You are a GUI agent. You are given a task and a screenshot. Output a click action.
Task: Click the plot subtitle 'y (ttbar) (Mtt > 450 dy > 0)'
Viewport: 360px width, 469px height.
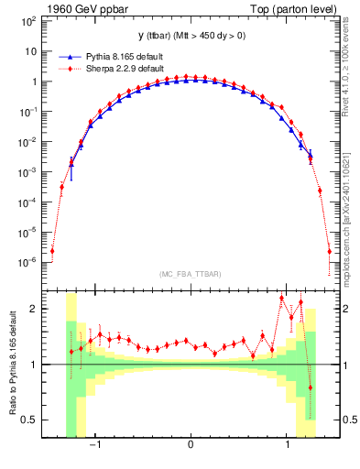191,37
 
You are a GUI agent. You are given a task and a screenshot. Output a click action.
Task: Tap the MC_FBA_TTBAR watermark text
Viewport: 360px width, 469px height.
190,275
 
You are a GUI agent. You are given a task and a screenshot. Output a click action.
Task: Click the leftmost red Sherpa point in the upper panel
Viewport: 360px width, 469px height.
53,250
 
